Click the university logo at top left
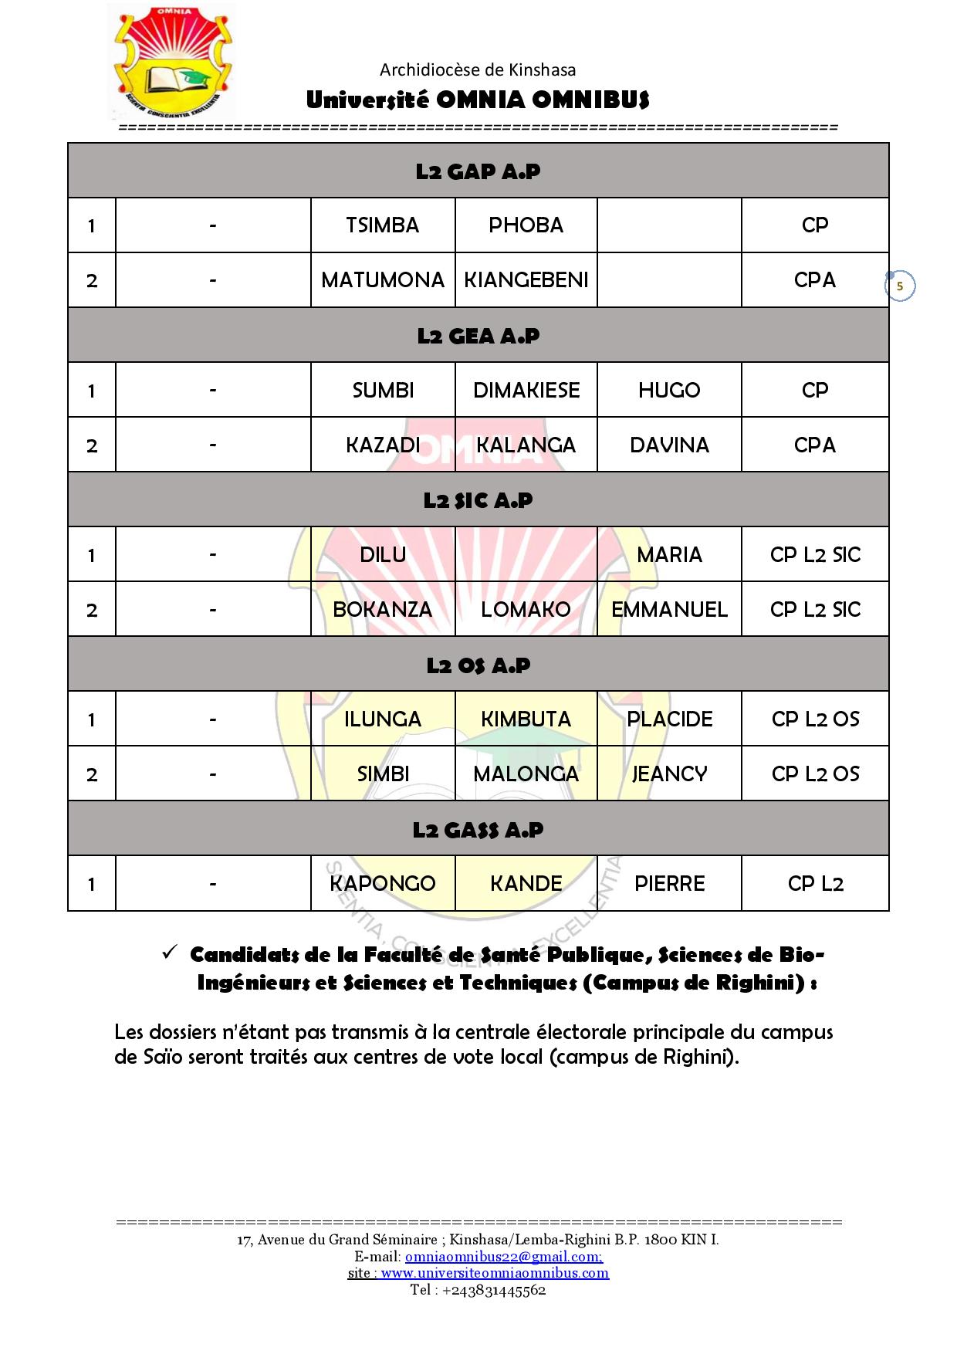[x=171, y=62]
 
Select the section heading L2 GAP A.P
[x=478, y=171]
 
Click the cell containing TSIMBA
[x=383, y=225]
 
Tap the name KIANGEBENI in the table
[x=526, y=280]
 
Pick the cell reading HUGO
[x=669, y=391]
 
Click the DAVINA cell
[x=669, y=445]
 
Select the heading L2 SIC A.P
[x=478, y=500]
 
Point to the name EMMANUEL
[x=669, y=610]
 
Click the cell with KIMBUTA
[x=526, y=719]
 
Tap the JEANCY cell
[x=669, y=774]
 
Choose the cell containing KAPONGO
[x=383, y=884]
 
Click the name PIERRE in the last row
[x=669, y=884]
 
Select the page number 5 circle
[x=899, y=286]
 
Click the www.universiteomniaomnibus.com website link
[x=495, y=1273]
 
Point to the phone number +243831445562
[x=494, y=1290]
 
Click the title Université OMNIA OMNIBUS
[x=478, y=100]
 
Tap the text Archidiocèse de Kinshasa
[x=478, y=70]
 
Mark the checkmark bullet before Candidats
[x=171, y=953]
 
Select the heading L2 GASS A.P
[x=478, y=830]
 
